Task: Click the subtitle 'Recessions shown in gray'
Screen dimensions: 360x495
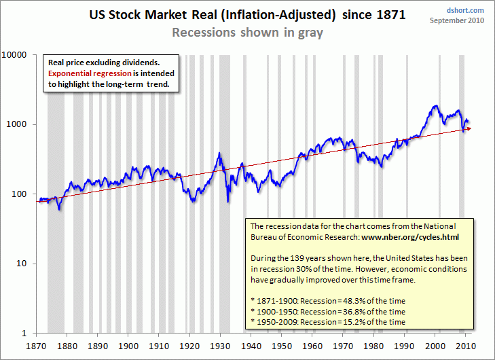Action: click(247, 32)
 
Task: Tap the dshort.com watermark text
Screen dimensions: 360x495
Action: click(466, 10)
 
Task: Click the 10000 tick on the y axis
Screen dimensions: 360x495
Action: click(22, 55)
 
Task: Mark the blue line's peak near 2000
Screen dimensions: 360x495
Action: click(435, 106)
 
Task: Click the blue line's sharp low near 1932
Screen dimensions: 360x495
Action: click(228, 201)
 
